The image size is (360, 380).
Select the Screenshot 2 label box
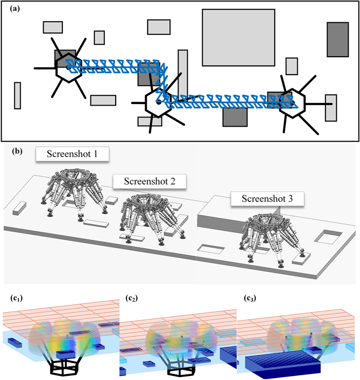point(149,181)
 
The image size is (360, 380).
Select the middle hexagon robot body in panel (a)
point(158,102)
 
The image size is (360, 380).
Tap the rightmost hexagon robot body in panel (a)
point(291,103)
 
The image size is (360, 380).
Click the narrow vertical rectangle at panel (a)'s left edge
point(17,95)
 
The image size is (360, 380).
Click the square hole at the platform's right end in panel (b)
point(325,237)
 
